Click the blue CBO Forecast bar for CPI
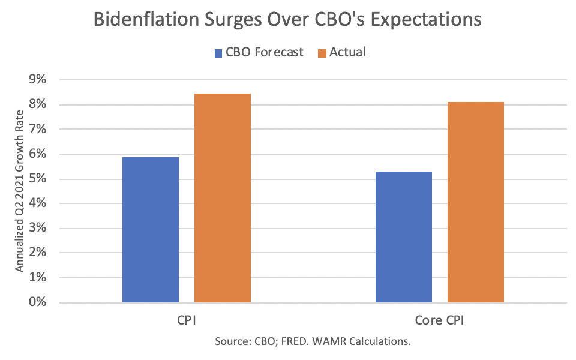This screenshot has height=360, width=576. pyautogui.click(x=151, y=230)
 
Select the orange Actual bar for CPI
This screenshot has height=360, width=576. pyautogui.click(x=223, y=198)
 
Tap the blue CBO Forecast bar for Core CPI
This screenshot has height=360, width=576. pyautogui.click(x=404, y=237)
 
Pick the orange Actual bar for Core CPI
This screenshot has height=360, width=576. pyautogui.click(x=476, y=202)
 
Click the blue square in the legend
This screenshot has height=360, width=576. pyautogui.click(x=218, y=53)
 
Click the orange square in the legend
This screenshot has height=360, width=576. pyautogui.click(x=321, y=53)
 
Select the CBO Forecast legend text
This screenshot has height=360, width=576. pyautogui.click(x=265, y=52)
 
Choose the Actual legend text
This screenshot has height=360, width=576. pyautogui.click(x=348, y=52)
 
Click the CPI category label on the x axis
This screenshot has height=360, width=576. pyautogui.click(x=186, y=320)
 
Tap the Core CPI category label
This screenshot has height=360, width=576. pyautogui.click(x=440, y=320)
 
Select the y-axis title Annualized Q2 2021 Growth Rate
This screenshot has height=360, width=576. pyautogui.click(x=20, y=191)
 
